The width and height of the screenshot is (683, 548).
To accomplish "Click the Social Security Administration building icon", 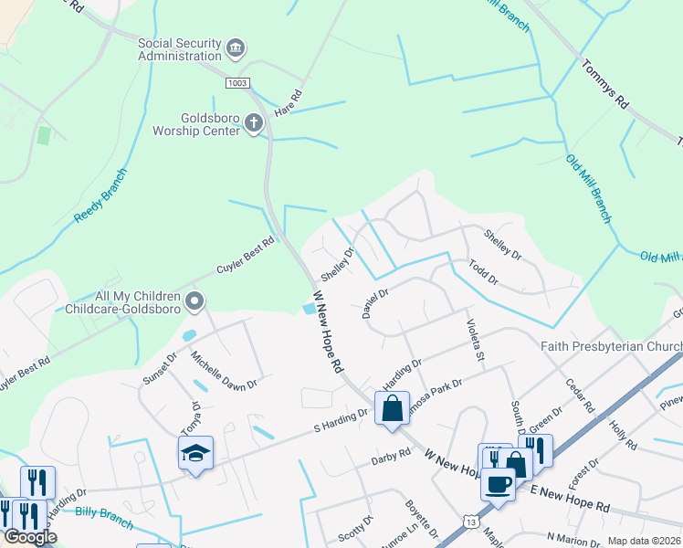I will click(x=236, y=47).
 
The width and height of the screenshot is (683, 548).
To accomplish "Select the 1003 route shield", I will click(x=237, y=83).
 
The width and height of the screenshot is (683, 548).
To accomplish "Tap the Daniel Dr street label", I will click(x=375, y=303).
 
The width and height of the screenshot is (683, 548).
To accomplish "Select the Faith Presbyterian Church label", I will click(x=611, y=346).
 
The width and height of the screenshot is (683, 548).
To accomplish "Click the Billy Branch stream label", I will click(x=104, y=517).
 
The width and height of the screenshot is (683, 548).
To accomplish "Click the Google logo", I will click(x=30, y=537).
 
